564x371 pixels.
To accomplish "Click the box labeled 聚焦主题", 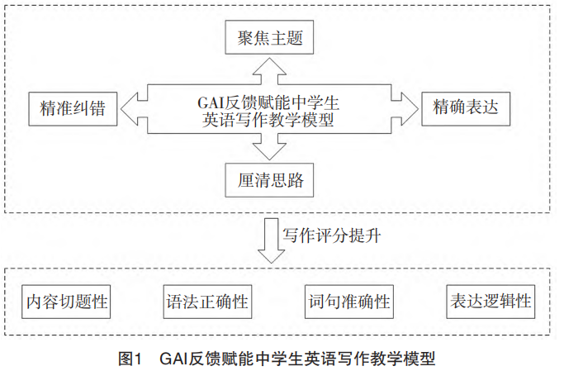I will coord(270,36).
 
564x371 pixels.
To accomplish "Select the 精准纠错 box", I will coord(72,107).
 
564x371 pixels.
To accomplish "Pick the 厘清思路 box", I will coord(270,178).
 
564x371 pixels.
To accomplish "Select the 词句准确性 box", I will coord(348,301).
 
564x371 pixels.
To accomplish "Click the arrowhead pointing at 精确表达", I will coord(410,107).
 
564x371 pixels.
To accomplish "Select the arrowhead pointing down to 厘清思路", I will coord(269,150).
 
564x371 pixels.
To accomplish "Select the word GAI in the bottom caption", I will coord(175,358).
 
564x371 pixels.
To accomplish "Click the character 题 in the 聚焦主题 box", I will coord(302,36).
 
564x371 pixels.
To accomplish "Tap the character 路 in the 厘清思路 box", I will coord(302,178).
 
